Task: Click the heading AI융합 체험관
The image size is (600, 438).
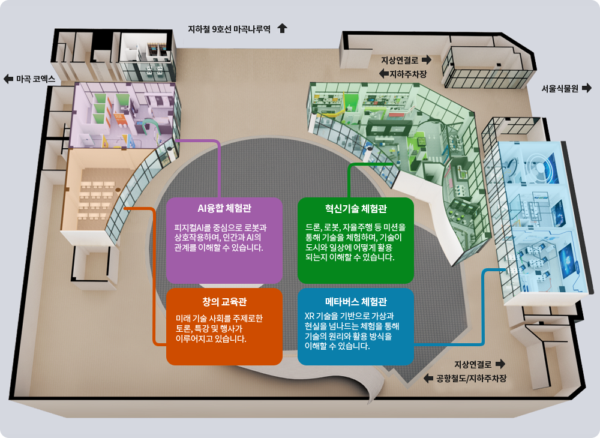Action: pyautogui.click(x=224, y=209)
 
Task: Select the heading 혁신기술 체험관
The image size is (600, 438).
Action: pyautogui.click(x=356, y=209)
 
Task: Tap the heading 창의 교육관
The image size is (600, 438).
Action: pyautogui.click(x=224, y=301)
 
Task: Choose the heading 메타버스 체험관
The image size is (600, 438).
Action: pyautogui.click(x=356, y=301)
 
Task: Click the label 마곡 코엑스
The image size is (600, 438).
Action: pyautogui.click(x=35, y=79)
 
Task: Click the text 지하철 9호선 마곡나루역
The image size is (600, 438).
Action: pyautogui.click(x=230, y=28)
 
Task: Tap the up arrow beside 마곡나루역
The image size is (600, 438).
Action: pyautogui.click(x=283, y=28)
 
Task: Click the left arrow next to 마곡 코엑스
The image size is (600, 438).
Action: pyautogui.click(x=8, y=79)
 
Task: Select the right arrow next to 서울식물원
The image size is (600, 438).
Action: pyautogui.click(x=587, y=88)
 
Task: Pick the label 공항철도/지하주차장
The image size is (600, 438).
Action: pyautogui.click(x=472, y=379)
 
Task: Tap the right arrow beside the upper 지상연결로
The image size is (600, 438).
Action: pyautogui.click(x=427, y=60)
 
